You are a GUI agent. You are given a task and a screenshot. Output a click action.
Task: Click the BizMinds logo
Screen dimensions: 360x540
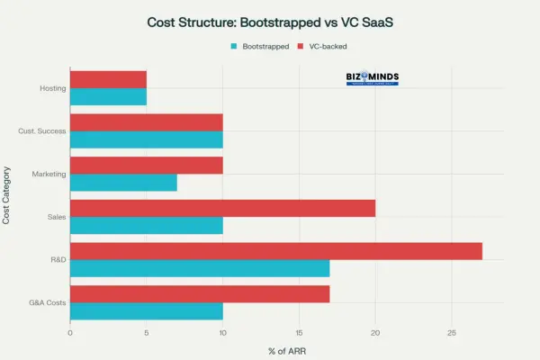372,80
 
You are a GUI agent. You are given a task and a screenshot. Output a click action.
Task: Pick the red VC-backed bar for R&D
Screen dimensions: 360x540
275,251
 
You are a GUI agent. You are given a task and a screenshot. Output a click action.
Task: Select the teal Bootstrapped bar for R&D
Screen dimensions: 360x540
200,268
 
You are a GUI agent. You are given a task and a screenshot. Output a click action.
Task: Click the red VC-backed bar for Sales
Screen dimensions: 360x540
222,208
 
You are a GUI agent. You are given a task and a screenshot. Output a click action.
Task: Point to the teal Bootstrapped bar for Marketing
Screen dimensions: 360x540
123,183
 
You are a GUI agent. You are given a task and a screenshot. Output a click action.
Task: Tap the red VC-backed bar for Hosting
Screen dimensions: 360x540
108,79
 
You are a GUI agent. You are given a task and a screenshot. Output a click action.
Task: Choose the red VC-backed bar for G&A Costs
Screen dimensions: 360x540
200,293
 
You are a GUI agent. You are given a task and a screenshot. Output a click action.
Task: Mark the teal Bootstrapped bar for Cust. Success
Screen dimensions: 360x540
146,139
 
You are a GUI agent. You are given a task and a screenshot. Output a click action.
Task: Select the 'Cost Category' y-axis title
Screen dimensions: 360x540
8,194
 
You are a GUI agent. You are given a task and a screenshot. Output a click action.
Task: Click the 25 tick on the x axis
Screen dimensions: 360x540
452,333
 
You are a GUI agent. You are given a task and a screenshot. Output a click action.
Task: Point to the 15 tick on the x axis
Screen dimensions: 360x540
299,333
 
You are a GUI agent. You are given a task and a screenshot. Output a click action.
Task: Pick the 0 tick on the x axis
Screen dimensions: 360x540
70,333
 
